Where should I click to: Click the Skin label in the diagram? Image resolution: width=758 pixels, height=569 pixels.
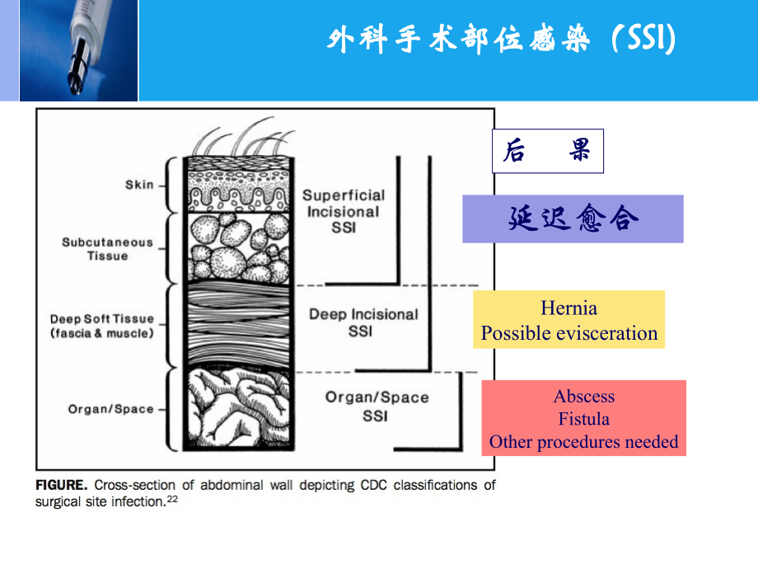[x=139, y=185]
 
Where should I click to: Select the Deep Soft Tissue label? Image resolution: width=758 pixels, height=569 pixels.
[x=101, y=326]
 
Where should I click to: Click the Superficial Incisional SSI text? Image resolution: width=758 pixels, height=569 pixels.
[x=343, y=211]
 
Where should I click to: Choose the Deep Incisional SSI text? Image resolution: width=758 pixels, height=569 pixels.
[x=363, y=322]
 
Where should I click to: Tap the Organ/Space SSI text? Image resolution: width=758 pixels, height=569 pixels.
[x=377, y=407]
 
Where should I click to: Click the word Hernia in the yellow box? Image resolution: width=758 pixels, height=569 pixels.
[x=568, y=308]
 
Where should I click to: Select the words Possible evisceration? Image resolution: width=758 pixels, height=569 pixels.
[x=569, y=333]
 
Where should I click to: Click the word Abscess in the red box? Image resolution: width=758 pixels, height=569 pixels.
[x=583, y=396]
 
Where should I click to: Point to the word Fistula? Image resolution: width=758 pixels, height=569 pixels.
[x=583, y=419]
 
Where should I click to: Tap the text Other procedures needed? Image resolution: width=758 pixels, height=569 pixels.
[x=583, y=442]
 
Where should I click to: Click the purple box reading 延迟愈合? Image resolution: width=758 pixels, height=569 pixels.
[x=573, y=219]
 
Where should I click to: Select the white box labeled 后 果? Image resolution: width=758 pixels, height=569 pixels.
[x=547, y=151]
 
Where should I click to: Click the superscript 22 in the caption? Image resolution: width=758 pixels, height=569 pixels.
[x=173, y=499]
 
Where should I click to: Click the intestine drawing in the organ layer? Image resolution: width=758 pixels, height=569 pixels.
[x=236, y=409]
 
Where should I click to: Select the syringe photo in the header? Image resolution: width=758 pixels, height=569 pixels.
[x=78, y=49]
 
